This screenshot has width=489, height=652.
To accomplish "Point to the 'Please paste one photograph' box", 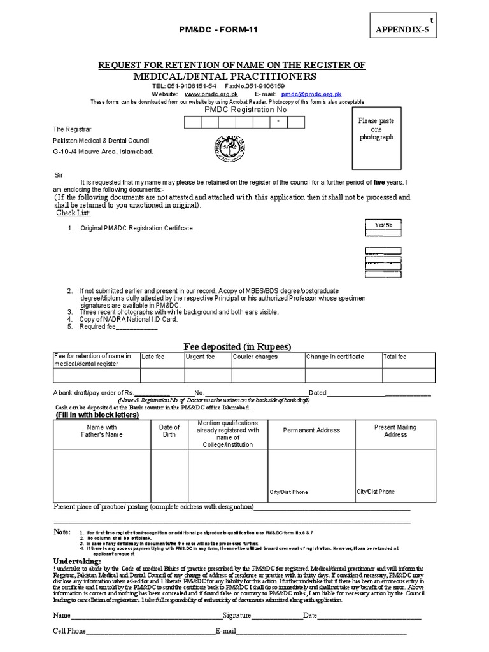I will pyautogui.click(x=376, y=129).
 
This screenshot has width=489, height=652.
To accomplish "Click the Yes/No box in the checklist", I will pyautogui.click(x=383, y=225).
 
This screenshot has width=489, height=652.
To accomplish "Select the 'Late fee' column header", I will pyautogui.click(x=153, y=357).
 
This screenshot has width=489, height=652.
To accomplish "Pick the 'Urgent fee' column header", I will pyautogui.click(x=200, y=357).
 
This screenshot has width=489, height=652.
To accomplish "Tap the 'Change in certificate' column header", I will pyautogui.click(x=335, y=357).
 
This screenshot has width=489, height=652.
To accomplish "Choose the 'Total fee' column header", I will pyautogui.click(x=395, y=357).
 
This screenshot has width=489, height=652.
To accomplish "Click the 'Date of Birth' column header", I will pyautogui.click(x=169, y=431).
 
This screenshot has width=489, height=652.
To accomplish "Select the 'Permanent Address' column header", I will pyautogui.click(x=311, y=430).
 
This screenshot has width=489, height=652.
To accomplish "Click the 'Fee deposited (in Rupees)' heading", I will pyautogui.click(x=237, y=346).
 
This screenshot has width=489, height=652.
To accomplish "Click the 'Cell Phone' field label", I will pyautogui.click(x=69, y=631).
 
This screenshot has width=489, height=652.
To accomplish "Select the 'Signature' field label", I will pyautogui.click(x=237, y=616).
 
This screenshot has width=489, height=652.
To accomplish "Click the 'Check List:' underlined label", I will pyautogui.click(x=73, y=213).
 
